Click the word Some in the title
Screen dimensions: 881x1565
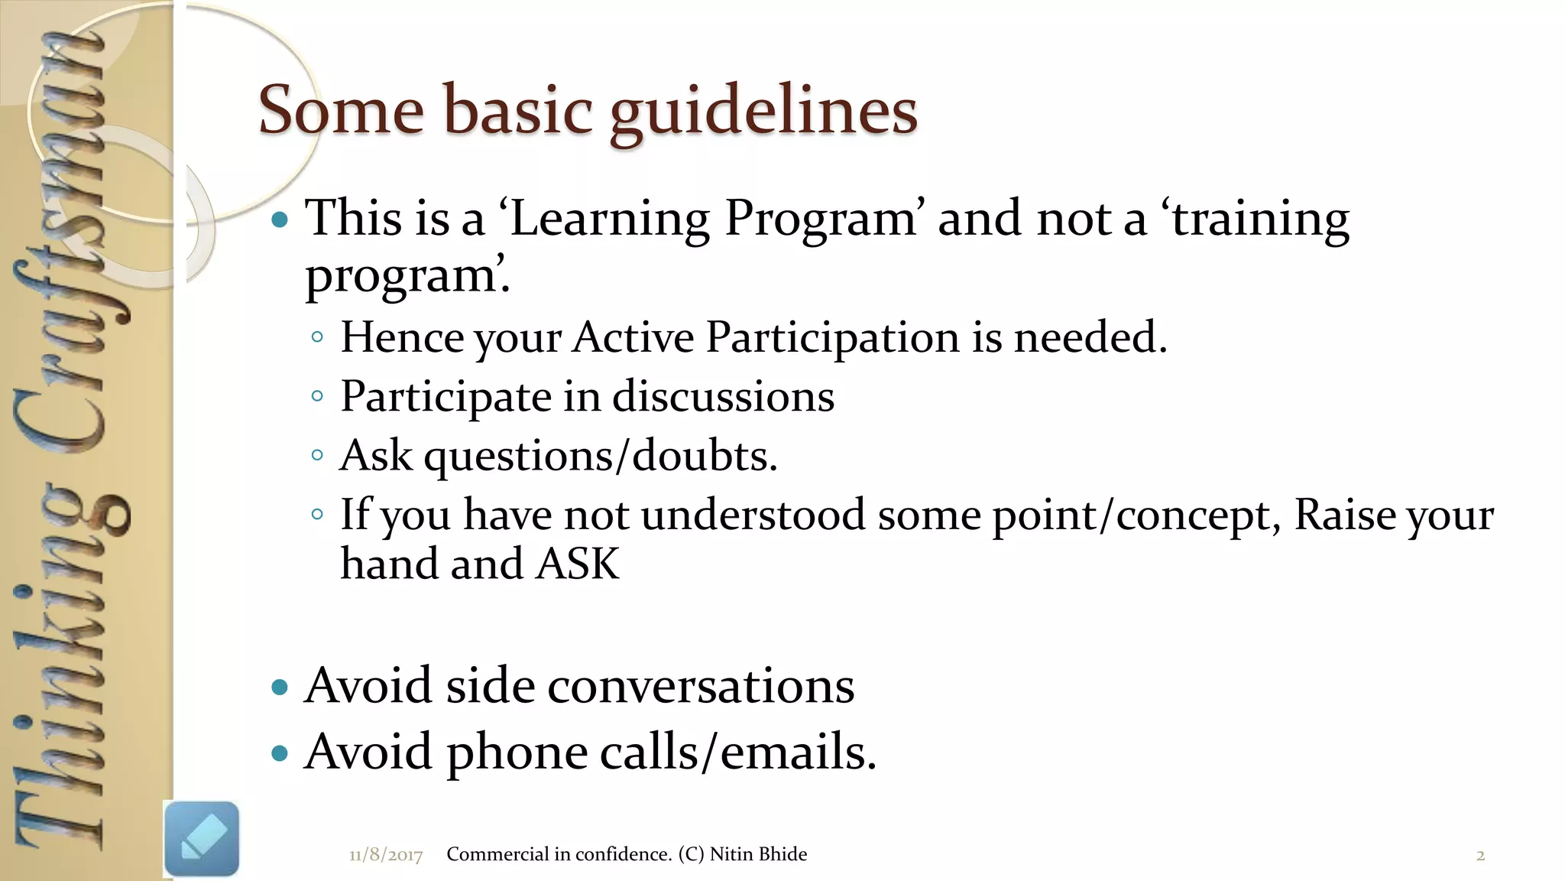(341, 110)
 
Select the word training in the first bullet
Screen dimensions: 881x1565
(1261, 220)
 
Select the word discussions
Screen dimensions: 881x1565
(723, 396)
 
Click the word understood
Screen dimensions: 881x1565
(753, 515)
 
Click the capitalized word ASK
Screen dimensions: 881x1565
(577, 564)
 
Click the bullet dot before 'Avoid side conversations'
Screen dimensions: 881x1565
(280, 687)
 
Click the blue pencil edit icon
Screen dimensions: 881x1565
(202, 838)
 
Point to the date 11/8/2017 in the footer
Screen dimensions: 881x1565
(386, 855)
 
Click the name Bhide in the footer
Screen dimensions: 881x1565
(782, 854)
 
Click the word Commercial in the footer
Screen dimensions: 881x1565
(497, 854)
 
